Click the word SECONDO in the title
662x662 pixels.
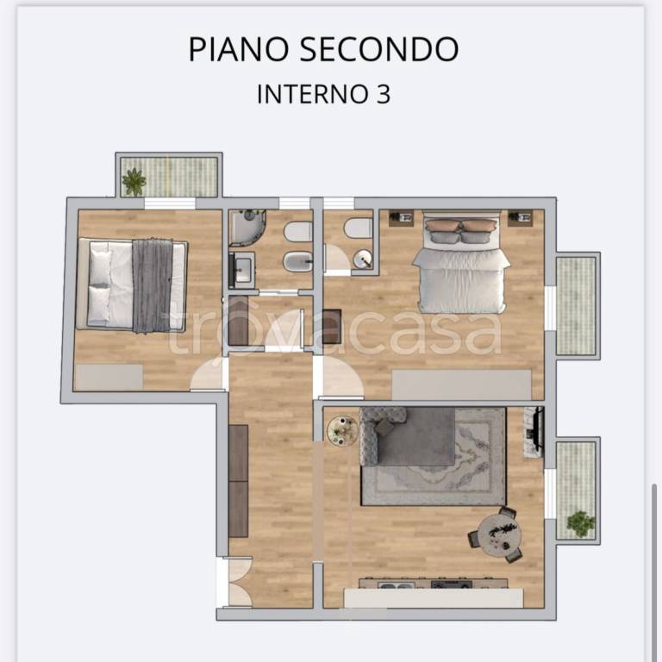(x=379, y=49)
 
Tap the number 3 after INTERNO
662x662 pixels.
(x=383, y=94)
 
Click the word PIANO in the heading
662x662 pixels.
(x=239, y=49)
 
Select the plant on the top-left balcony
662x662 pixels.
(x=134, y=181)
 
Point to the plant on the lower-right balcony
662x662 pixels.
(x=580, y=522)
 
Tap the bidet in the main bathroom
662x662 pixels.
(x=297, y=261)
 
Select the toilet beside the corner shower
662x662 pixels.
(x=297, y=231)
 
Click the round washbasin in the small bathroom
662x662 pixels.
(x=363, y=257)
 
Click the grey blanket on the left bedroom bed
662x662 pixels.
(x=153, y=285)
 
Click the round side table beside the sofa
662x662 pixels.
(x=342, y=428)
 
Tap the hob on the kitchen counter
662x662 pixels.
(x=451, y=584)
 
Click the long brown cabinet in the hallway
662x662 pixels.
(x=239, y=481)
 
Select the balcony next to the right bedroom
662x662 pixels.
(x=576, y=305)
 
